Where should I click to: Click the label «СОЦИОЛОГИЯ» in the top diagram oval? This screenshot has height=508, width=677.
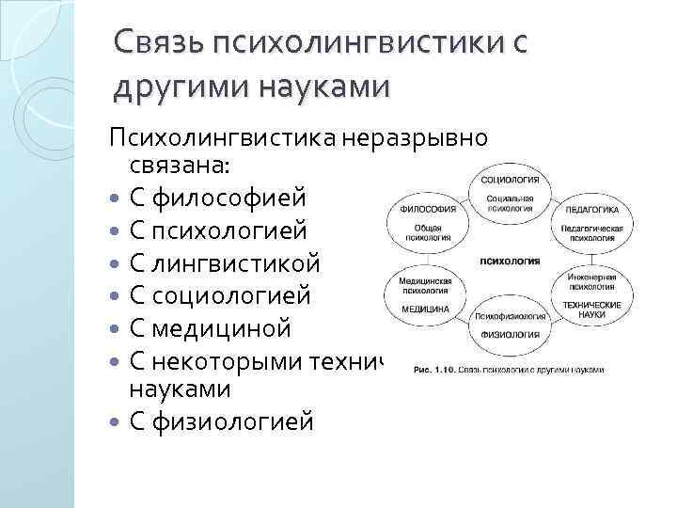click(x=510, y=180)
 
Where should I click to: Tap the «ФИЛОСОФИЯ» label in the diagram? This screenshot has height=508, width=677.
click(x=428, y=209)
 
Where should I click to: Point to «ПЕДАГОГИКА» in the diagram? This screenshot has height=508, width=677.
click(x=592, y=210)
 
